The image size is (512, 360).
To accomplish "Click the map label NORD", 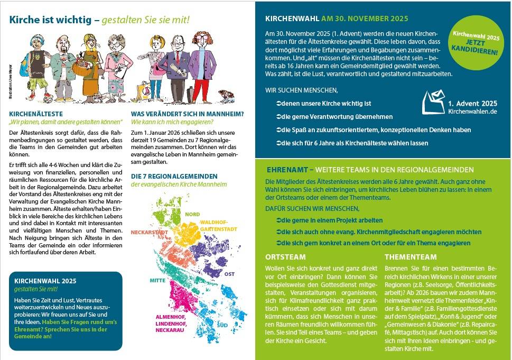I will click(x=192, y=214).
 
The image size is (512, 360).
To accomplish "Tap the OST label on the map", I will click(x=229, y=274).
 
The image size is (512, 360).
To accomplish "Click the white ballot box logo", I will click(x=433, y=102).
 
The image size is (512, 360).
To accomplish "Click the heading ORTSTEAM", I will click(x=285, y=257).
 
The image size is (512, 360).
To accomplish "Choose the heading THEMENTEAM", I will click(x=411, y=257).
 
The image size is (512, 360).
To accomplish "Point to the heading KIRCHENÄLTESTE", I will click(x=36, y=113).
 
